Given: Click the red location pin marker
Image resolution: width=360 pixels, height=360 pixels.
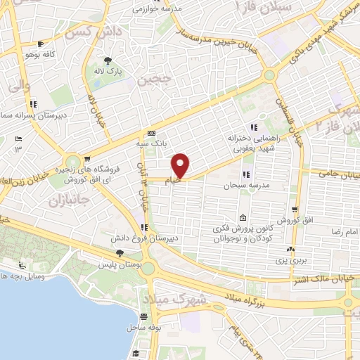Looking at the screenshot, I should pos(181,165).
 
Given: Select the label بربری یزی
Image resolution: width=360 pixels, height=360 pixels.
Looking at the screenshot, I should pos(288,260).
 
